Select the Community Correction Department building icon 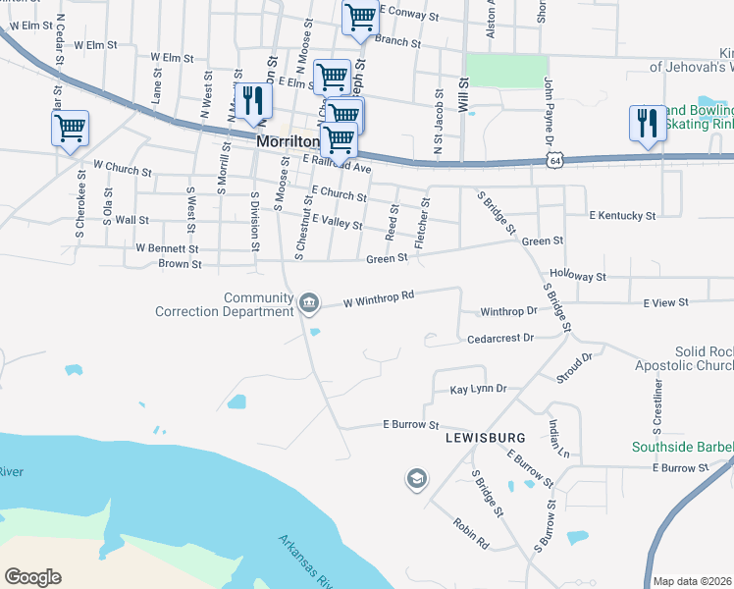308,302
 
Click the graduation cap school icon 416,479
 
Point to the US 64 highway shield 555,159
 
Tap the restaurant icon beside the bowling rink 645,122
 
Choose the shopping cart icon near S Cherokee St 70,127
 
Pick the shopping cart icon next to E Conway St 360,17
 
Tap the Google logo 32,577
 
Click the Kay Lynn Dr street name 477,390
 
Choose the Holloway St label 578,278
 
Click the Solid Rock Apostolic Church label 703,358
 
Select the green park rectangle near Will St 505,72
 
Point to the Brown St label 180,264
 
